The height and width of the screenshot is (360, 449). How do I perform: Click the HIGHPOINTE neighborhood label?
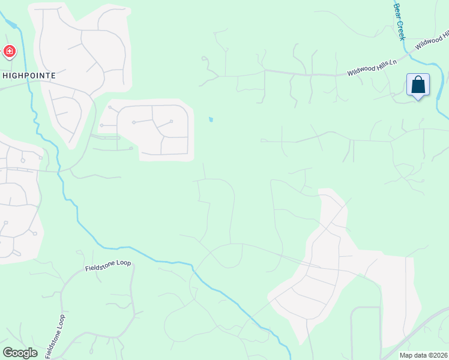coord(29,76)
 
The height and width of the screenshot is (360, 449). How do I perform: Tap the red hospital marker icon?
coord(9,52)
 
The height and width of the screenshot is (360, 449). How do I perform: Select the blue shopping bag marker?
coord(418,85)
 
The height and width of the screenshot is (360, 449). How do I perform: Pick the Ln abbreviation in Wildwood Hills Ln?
coord(393,62)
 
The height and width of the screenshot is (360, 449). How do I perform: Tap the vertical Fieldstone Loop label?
coord(54,334)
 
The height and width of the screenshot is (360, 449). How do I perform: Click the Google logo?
coord(20,353)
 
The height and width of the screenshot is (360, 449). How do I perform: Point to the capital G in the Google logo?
coord(8,352)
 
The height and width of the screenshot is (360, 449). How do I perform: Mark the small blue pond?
coord(210,119)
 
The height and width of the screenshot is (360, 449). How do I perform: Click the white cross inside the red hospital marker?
coord(9,52)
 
